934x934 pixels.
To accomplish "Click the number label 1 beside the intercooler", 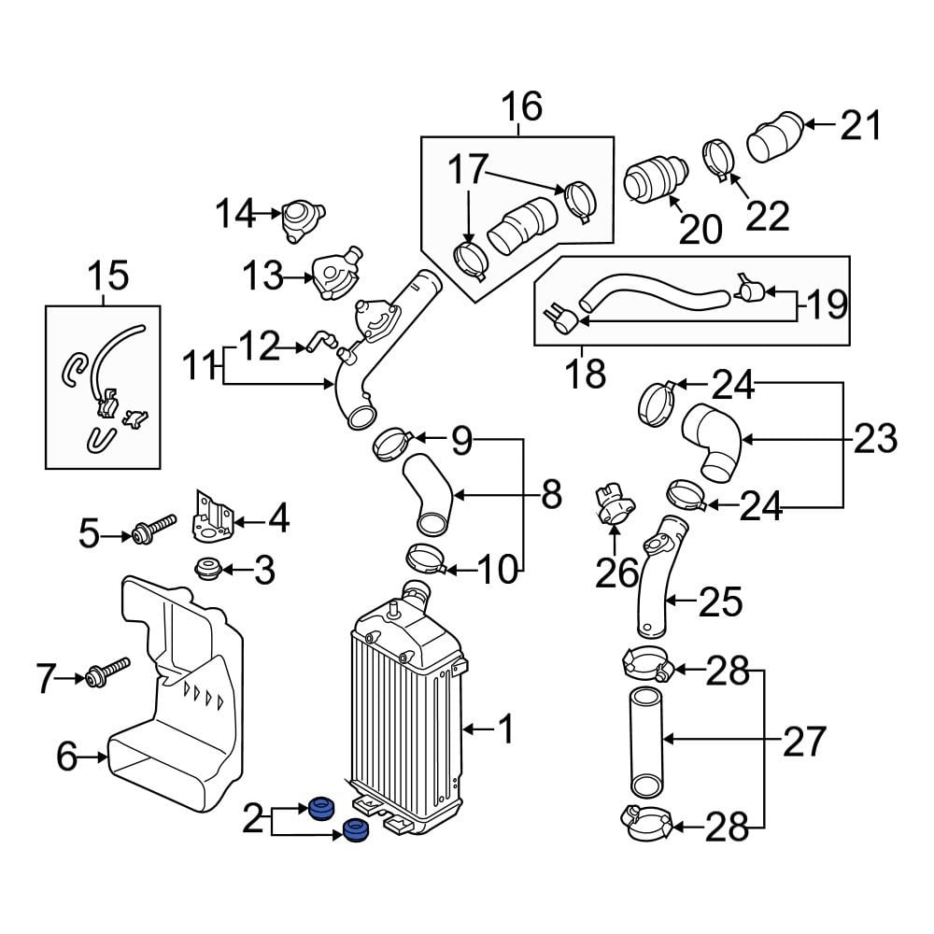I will [x=505, y=729].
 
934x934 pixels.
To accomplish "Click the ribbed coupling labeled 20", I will [x=655, y=178].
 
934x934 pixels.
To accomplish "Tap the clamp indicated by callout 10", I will [x=425, y=559].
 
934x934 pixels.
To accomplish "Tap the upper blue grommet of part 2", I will [x=321, y=807].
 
